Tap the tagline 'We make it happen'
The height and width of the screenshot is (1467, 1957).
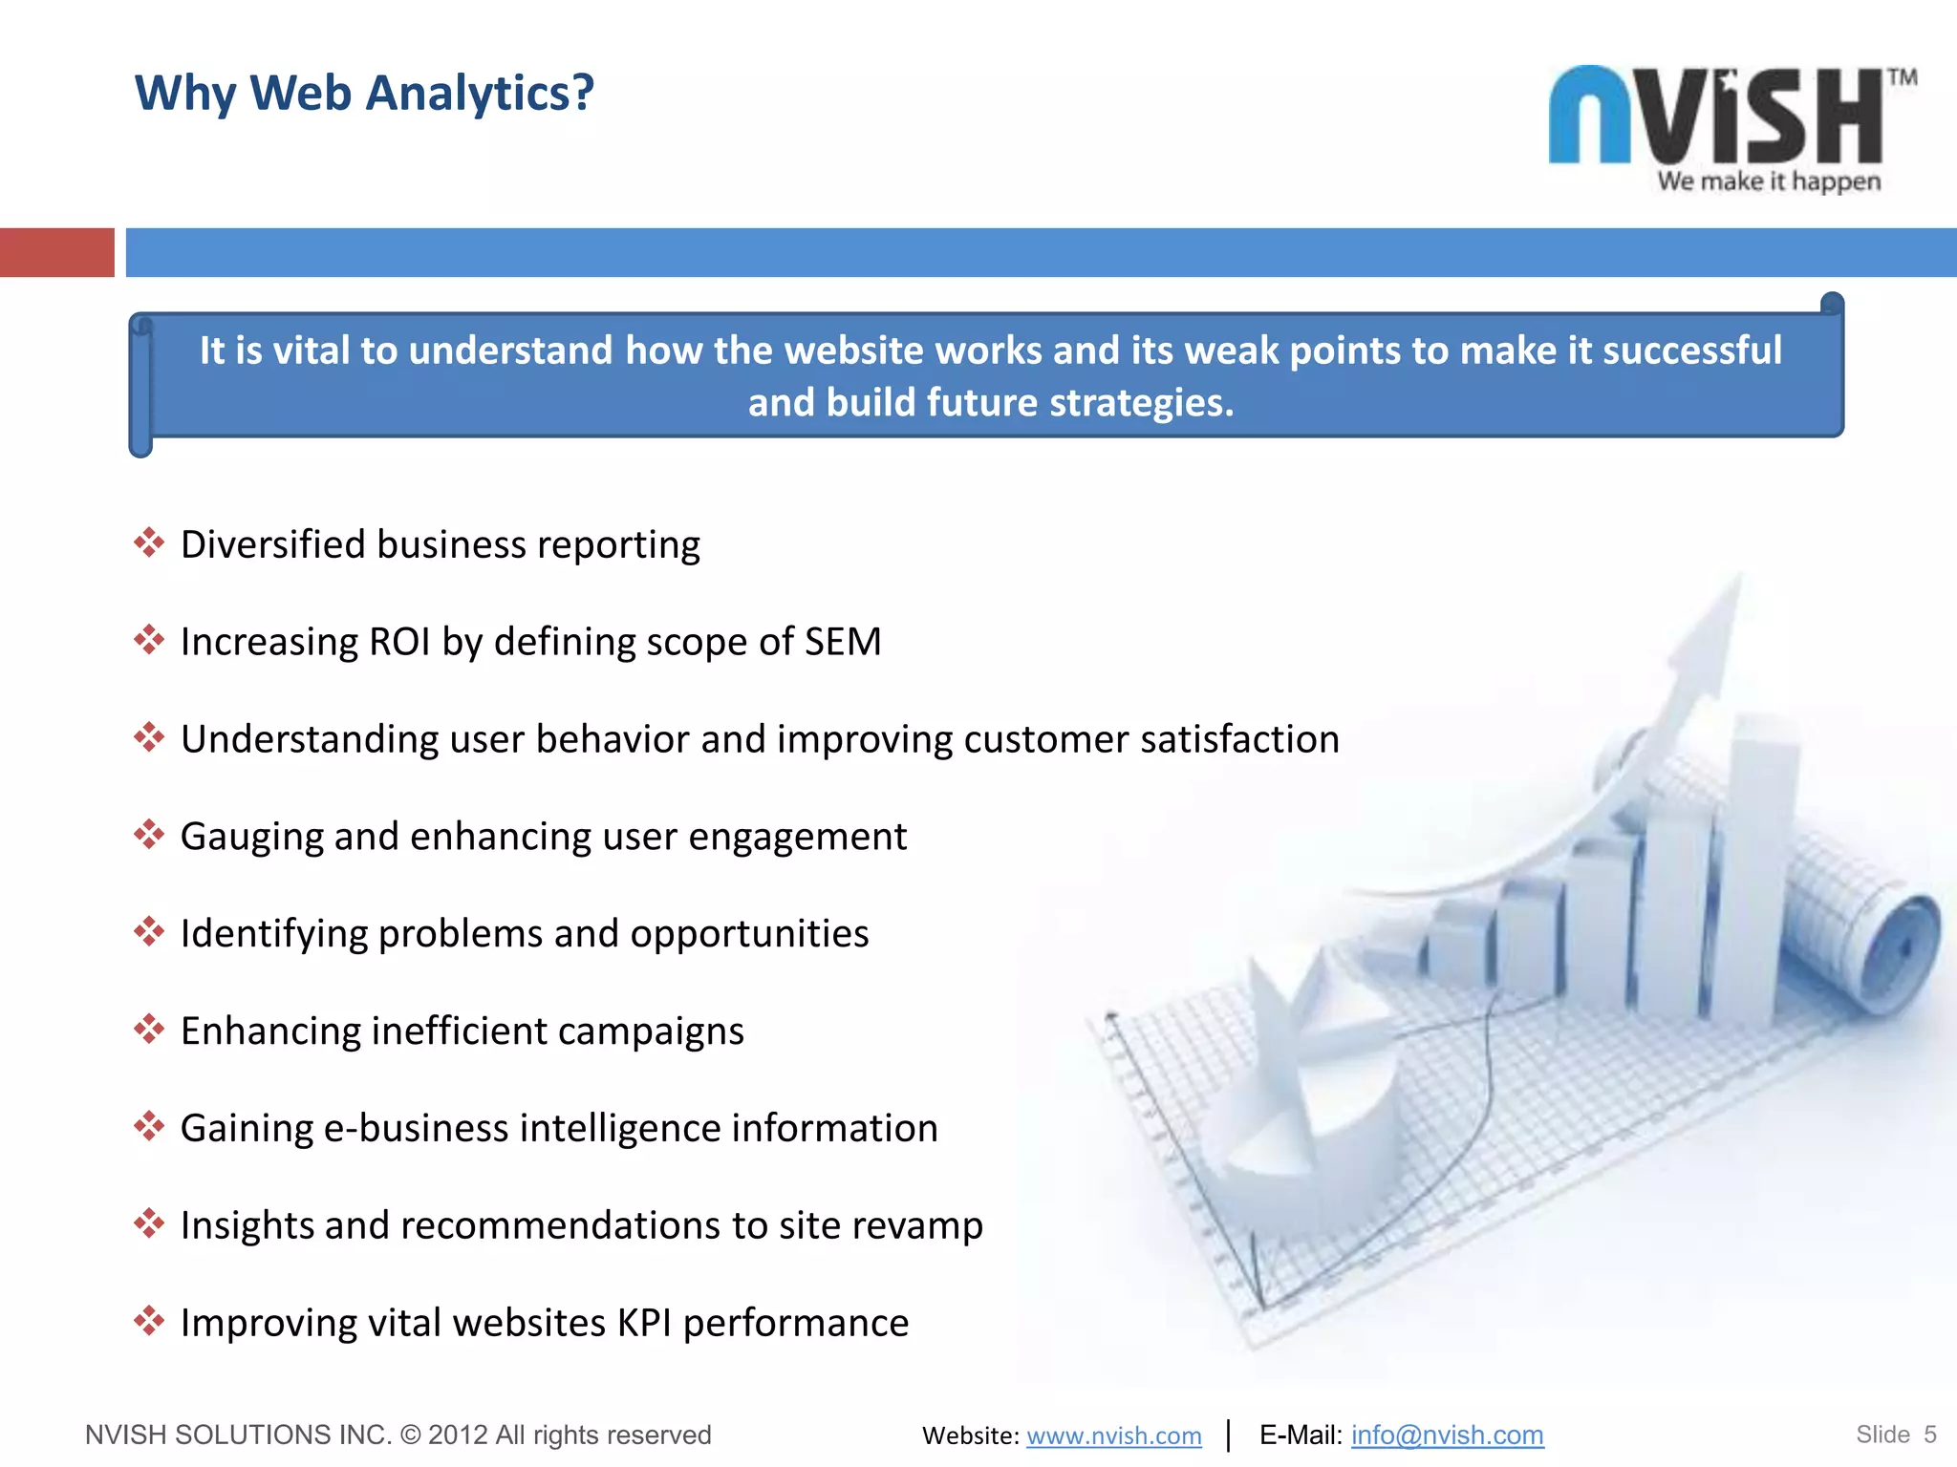1769,181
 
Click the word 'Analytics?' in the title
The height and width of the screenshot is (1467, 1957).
480,94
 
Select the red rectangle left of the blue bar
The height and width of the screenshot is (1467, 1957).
56,253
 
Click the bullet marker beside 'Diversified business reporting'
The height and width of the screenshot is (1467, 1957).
149,543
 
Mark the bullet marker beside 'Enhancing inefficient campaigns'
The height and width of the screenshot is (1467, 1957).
149,1030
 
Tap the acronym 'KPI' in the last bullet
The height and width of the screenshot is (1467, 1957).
644,1324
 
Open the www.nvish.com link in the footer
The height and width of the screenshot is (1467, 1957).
1114,1435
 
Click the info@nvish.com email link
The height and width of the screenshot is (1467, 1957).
1447,1435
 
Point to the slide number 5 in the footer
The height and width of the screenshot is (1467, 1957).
1929,1435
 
